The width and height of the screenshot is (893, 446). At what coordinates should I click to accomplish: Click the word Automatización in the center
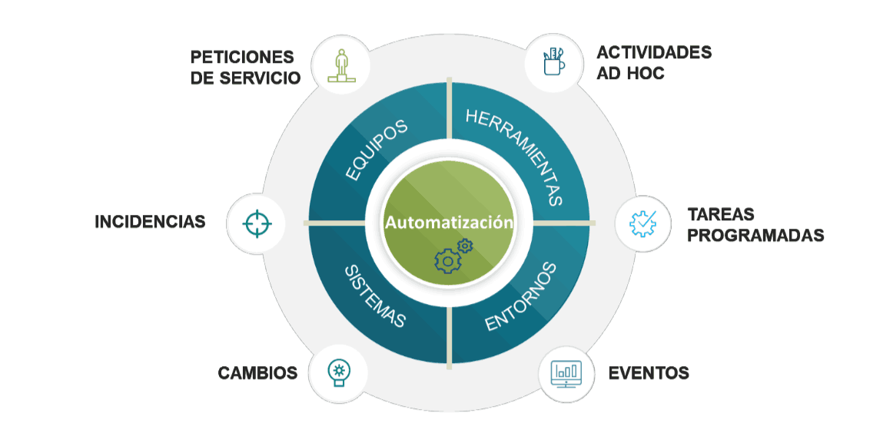pos(449,223)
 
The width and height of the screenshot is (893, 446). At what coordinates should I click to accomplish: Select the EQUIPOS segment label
pos(376,150)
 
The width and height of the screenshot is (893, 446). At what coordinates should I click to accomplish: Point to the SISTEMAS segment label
pos(374,296)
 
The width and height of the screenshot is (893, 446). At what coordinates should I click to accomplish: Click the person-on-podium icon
pos(343,66)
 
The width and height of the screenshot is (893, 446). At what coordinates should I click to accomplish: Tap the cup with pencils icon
pos(553,62)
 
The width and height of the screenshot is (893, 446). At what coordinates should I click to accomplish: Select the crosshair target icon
pos(257,223)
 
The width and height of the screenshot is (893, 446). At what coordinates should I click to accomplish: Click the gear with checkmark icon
pos(643,223)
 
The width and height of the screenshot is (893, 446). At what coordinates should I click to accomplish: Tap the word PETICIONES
pos(243,58)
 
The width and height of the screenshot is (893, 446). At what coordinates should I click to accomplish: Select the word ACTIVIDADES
pos(654,52)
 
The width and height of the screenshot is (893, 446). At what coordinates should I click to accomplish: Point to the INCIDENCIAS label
pos(151,223)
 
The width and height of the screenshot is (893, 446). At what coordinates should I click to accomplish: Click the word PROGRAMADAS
pos(755,236)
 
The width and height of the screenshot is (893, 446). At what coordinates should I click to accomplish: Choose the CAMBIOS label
pos(257,374)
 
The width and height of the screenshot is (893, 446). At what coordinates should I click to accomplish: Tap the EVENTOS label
pos(649,374)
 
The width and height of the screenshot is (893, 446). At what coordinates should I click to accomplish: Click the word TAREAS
pos(721,214)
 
